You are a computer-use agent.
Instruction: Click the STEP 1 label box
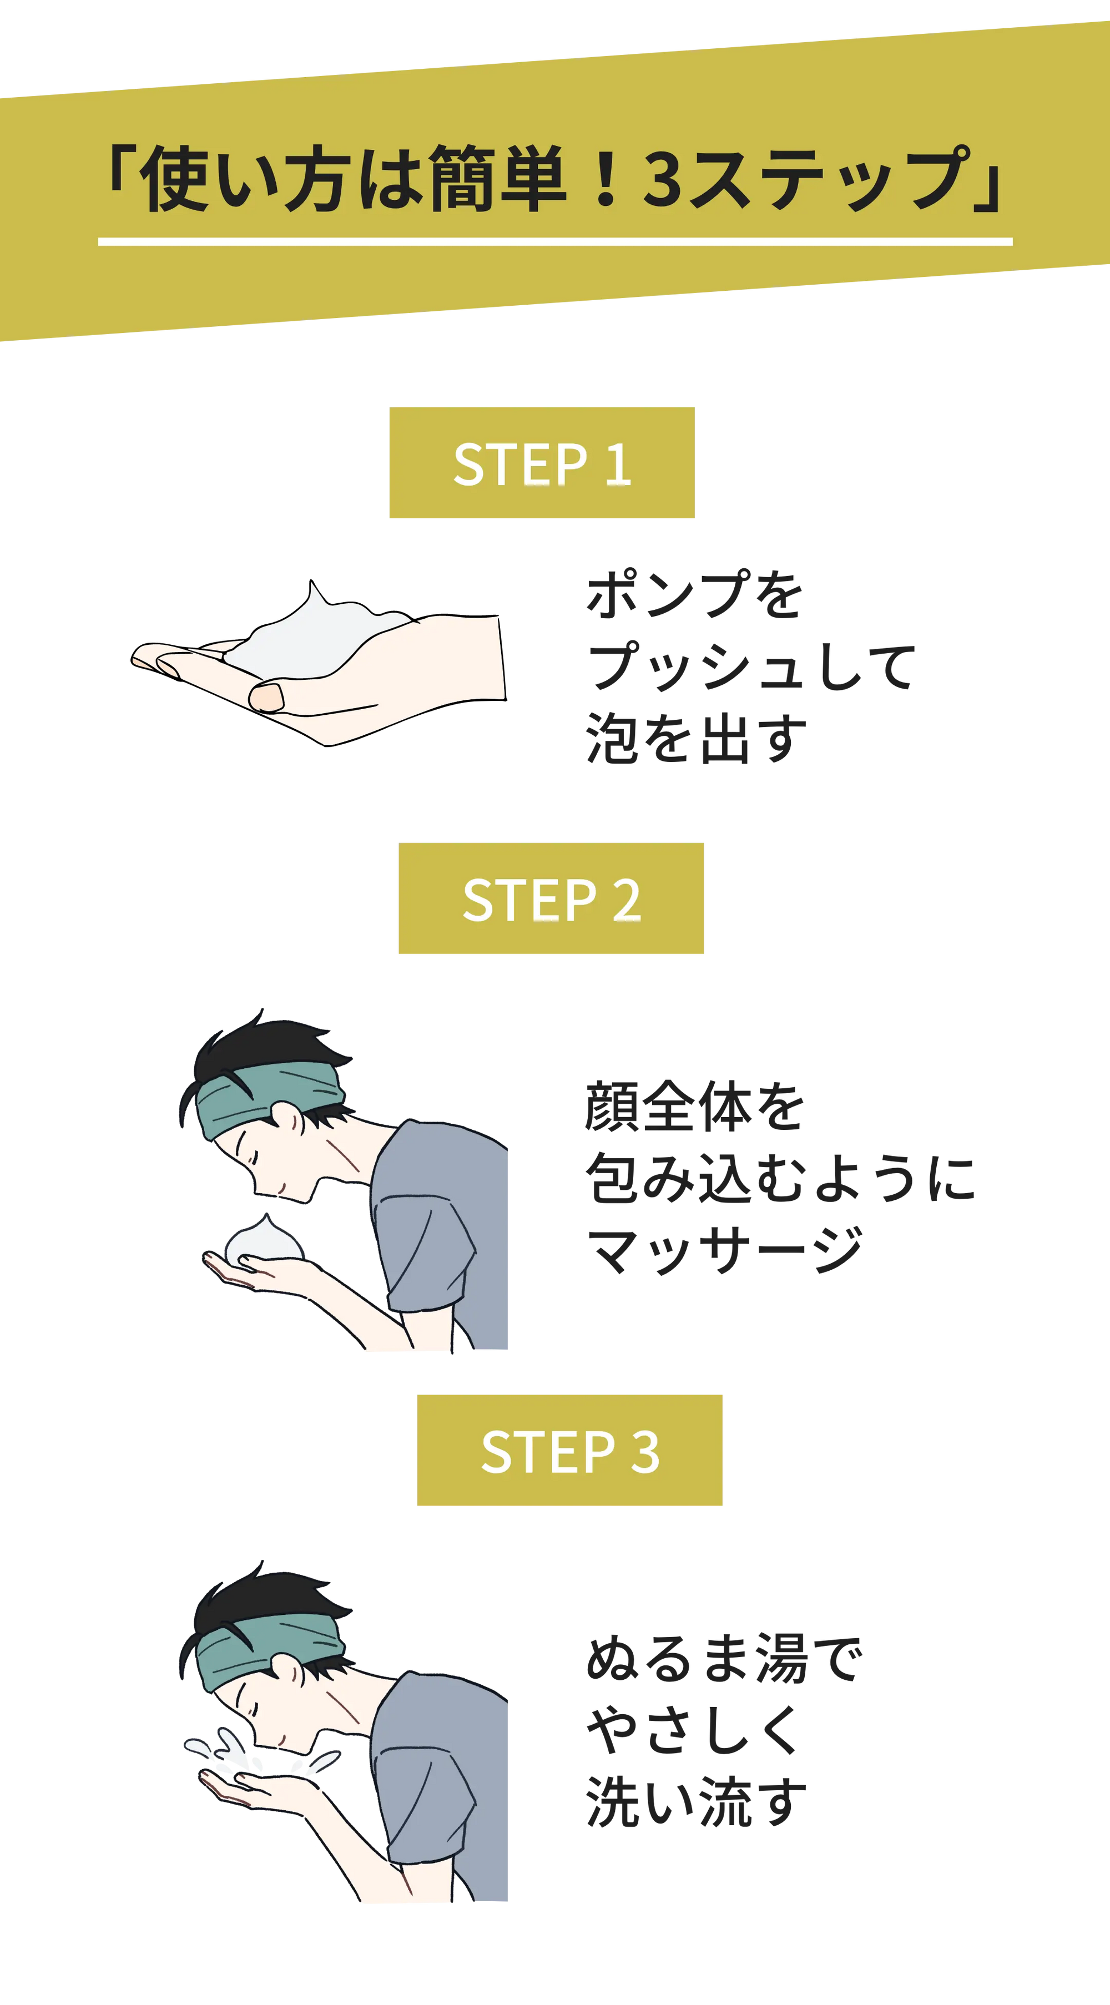(x=542, y=462)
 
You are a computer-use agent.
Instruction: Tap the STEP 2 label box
(x=551, y=898)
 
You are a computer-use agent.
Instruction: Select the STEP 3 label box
(x=570, y=1450)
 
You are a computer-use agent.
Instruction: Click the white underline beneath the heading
(x=555, y=242)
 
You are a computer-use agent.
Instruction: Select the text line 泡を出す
(x=695, y=738)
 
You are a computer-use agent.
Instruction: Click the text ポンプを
(x=694, y=595)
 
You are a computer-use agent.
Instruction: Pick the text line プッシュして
(x=750, y=666)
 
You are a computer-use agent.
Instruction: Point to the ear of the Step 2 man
(x=288, y=1119)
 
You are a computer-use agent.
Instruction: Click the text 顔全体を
(x=694, y=1106)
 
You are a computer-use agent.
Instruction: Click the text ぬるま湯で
(x=724, y=1659)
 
